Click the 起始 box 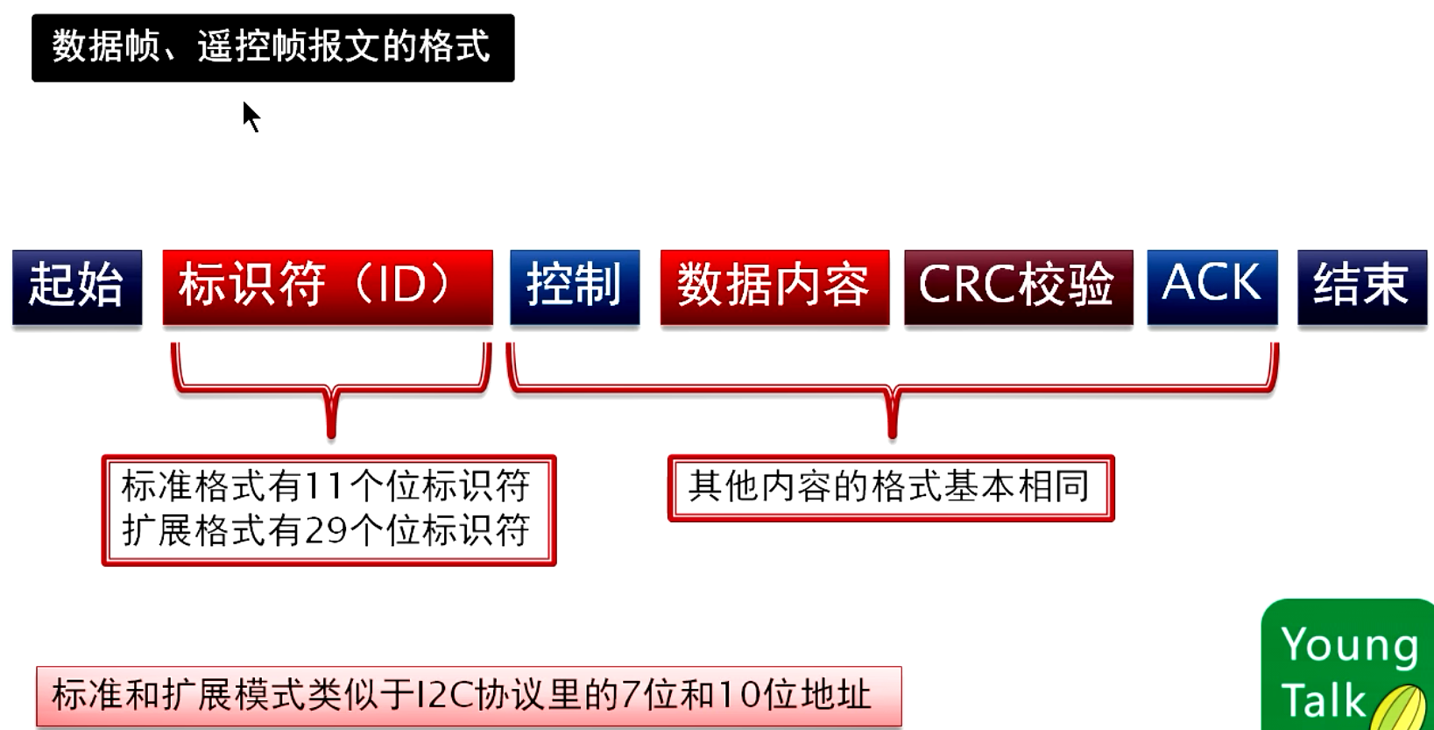coord(77,287)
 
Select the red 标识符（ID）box coord(328,287)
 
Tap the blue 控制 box coord(575,287)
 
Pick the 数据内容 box coord(774,287)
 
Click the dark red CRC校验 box coord(1019,287)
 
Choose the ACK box coord(1212,287)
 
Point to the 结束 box coord(1362,287)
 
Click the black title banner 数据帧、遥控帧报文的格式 coord(272,48)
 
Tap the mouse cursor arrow coord(251,117)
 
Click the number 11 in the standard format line coord(325,486)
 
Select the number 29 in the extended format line coord(325,531)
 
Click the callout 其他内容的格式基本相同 coord(891,489)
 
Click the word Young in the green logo coord(1350,646)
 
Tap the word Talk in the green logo coord(1323,699)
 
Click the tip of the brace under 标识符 coord(331,436)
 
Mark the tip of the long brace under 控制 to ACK coord(893,436)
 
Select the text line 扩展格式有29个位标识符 coord(325,531)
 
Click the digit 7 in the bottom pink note coord(632,696)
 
